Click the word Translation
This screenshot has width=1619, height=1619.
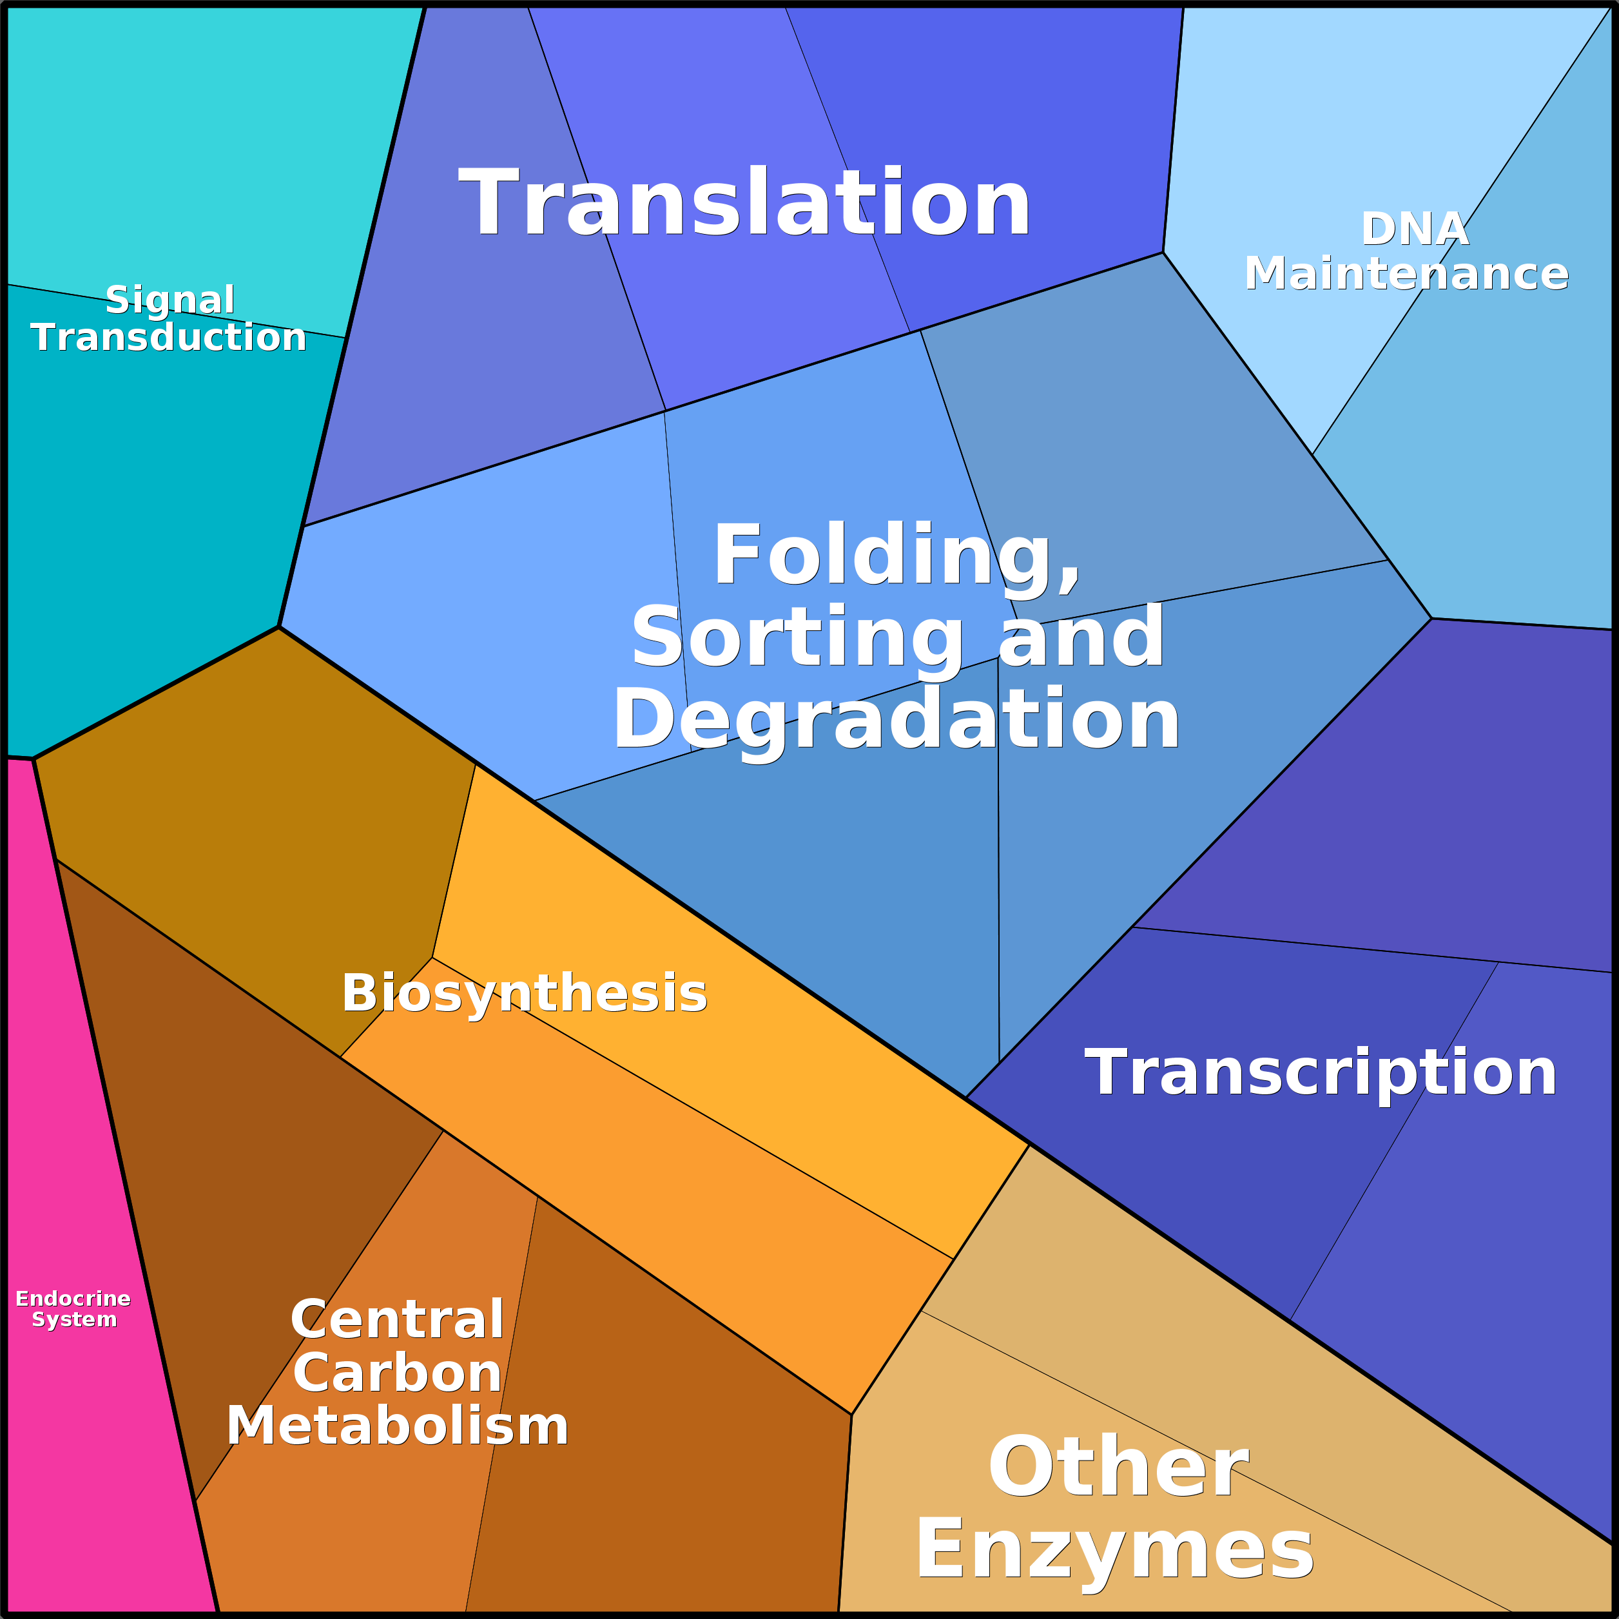point(744,204)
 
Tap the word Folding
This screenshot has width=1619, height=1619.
point(897,556)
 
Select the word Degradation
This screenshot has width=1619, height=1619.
point(897,719)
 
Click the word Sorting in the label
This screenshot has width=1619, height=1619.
point(797,639)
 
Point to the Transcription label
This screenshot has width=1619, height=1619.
point(1321,1072)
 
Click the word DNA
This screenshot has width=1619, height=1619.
point(1415,229)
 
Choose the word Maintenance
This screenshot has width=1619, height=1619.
point(1406,274)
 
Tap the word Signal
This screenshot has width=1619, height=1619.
point(170,299)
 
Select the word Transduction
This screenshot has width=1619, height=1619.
point(168,337)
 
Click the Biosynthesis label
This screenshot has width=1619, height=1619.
point(525,994)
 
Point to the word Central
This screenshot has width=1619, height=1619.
point(397,1320)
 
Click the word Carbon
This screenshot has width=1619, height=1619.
point(397,1373)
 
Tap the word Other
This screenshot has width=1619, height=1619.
point(1119,1468)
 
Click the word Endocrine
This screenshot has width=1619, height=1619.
point(73,1299)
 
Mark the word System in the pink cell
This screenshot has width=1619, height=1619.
point(73,1320)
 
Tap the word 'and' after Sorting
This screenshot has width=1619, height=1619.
point(1081,639)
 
